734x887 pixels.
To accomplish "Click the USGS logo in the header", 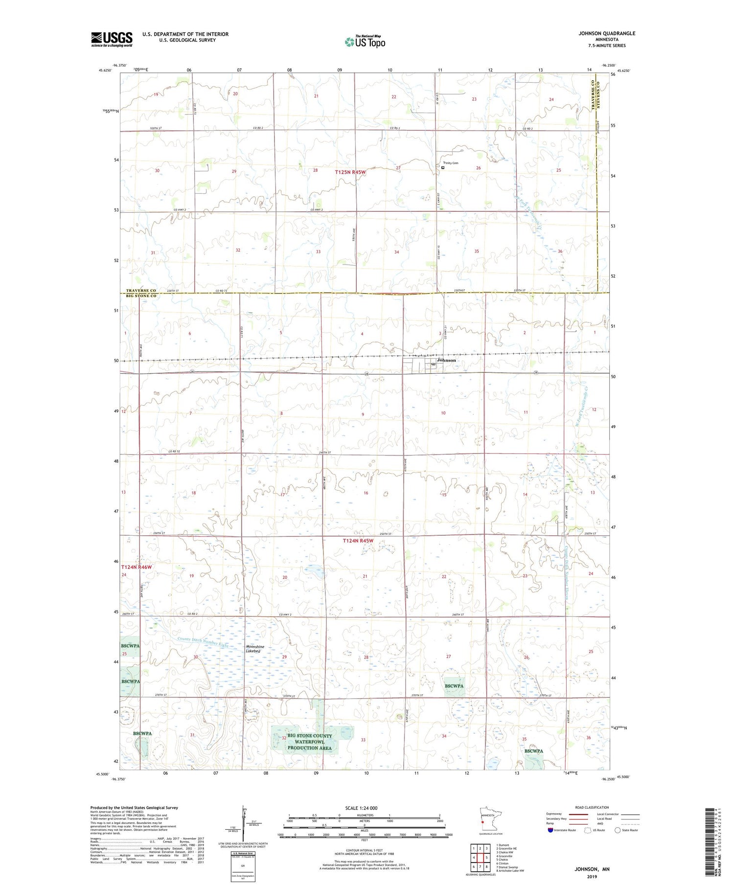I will (x=112, y=39).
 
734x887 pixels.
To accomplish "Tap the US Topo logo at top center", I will (x=365, y=42).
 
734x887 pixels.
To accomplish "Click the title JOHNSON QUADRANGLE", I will (x=607, y=33).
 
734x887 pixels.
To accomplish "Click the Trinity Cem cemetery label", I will (x=451, y=163).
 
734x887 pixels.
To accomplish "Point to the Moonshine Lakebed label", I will (x=255, y=649).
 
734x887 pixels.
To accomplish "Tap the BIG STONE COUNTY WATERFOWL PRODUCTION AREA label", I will (x=309, y=742).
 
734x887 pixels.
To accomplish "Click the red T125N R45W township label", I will (x=350, y=172).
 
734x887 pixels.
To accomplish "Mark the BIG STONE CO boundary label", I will (x=141, y=296).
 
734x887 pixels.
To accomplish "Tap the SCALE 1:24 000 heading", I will (x=361, y=808).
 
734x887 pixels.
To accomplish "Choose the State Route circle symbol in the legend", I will (x=618, y=830).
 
